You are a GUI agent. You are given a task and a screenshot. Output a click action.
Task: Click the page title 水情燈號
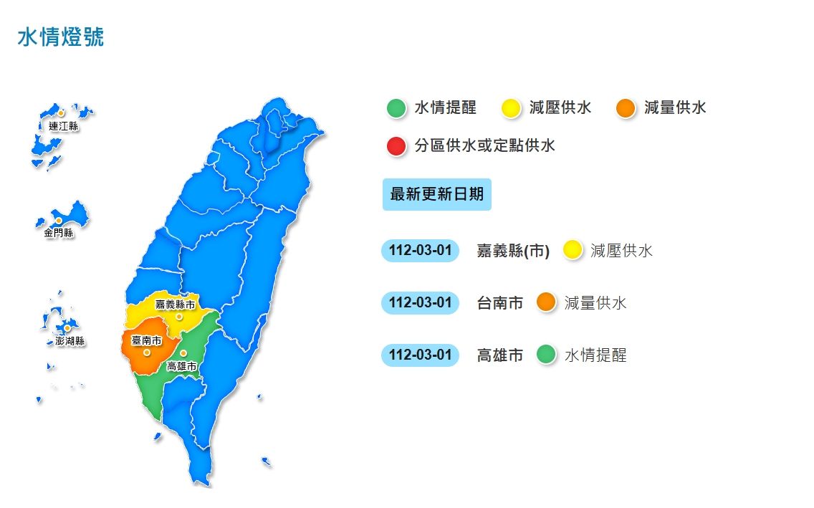pos(60,37)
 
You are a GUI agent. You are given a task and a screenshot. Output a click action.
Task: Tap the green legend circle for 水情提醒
pos(396,108)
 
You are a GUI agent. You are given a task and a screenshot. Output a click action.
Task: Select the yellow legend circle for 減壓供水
pos(511,108)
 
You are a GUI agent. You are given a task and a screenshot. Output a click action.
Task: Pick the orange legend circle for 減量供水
pos(626,108)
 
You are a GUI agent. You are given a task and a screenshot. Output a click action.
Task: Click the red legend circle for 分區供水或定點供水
pos(396,146)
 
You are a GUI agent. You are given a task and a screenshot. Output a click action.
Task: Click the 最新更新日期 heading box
pos(436,194)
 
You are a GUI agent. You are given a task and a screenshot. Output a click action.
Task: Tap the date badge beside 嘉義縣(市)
pos(420,251)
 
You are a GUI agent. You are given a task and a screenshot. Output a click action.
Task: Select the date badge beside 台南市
pos(420,303)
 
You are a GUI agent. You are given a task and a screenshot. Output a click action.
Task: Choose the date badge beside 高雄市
pos(420,355)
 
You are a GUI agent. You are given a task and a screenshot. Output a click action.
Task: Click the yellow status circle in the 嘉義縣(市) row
pos(573,251)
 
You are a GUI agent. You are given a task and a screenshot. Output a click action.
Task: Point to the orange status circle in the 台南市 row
pos(546,303)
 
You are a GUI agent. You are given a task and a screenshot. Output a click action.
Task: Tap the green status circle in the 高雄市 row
pos(546,355)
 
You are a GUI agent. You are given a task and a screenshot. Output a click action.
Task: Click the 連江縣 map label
pos(63,126)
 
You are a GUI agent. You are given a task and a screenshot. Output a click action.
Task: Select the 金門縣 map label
pos(58,233)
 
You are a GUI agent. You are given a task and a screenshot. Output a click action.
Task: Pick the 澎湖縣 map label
pos(70,341)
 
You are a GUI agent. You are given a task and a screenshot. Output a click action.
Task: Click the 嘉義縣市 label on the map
pos(176,304)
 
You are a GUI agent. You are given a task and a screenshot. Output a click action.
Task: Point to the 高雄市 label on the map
pos(181,366)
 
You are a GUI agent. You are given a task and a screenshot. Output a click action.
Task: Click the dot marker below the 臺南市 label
pos(146,353)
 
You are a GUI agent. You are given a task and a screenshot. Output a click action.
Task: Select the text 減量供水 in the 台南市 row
pos(595,303)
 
